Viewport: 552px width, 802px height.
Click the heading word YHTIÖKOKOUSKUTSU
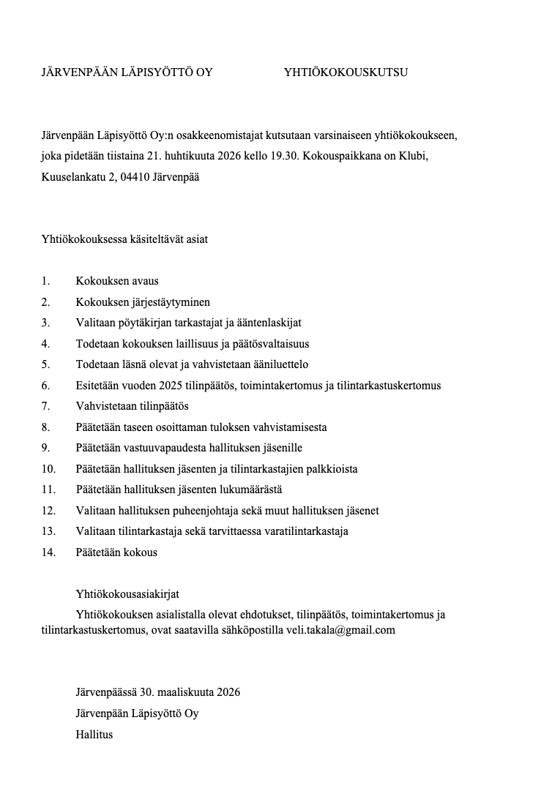346,72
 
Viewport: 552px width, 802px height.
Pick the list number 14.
48,552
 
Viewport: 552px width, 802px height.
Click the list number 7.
45,405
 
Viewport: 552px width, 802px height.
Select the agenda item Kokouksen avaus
117,281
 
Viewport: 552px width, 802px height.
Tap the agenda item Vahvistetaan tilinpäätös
133,405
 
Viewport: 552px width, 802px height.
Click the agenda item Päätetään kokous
116,552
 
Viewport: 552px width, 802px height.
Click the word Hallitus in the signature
94,734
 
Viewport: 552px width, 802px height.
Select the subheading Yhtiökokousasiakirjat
128,594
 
